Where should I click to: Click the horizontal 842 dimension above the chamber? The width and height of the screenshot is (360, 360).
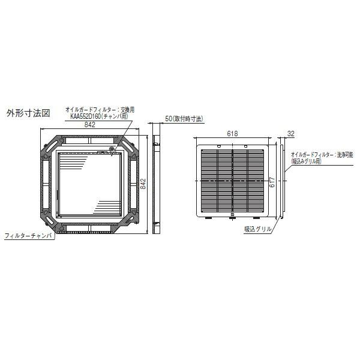(89, 125)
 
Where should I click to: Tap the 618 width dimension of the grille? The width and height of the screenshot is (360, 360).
(233, 133)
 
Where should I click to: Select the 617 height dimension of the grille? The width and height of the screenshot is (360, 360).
(272, 181)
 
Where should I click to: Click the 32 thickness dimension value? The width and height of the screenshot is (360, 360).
(290, 133)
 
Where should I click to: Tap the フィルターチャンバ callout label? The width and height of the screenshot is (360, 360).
(28, 236)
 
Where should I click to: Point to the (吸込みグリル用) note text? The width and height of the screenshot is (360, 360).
(307, 161)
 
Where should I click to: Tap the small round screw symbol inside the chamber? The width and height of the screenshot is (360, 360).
(111, 149)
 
